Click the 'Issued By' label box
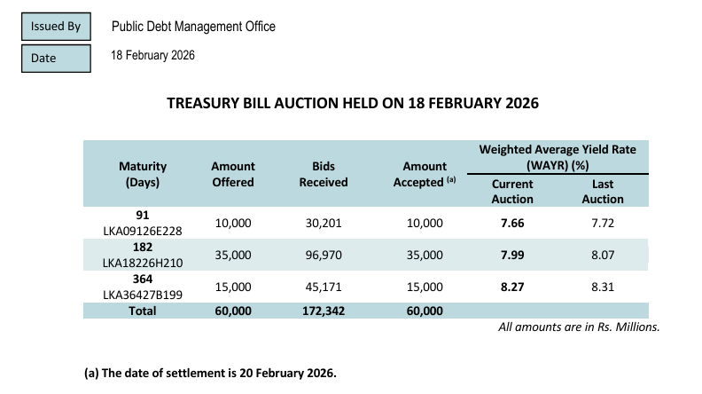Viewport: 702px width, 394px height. [x=56, y=27]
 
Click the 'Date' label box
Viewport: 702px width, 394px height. [x=56, y=58]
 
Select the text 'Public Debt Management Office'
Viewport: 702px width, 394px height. [x=193, y=27]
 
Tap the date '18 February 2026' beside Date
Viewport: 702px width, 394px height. [x=152, y=56]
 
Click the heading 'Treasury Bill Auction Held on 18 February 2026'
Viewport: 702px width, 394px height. [x=353, y=103]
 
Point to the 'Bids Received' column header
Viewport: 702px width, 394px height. [x=323, y=174]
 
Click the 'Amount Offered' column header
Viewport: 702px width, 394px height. [x=233, y=174]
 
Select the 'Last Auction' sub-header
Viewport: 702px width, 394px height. [x=603, y=191]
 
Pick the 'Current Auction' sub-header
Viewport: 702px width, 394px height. [x=512, y=191]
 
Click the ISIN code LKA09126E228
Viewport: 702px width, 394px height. [x=142, y=231]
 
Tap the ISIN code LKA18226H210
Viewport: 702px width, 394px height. [x=142, y=262]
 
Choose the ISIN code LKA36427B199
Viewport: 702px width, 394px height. [x=142, y=294]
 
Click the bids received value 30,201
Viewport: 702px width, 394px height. [x=323, y=223]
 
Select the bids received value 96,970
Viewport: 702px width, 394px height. [x=323, y=255]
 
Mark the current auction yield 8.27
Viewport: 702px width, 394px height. [x=512, y=287]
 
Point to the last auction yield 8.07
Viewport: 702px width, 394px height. [x=603, y=255]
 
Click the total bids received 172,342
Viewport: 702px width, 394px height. [x=323, y=311]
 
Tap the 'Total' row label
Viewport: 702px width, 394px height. [x=142, y=311]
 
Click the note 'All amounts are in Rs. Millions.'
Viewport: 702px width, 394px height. [x=579, y=327]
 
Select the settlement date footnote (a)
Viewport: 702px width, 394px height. [x=210, y=373]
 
